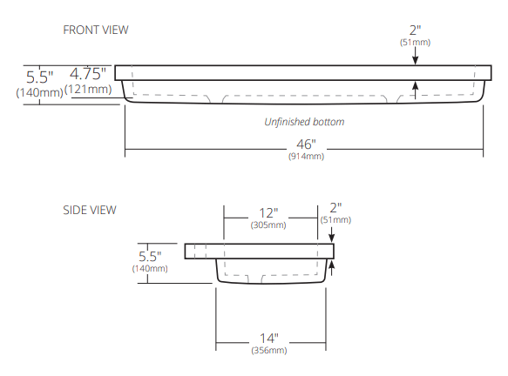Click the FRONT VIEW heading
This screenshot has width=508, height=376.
tap(96, 30)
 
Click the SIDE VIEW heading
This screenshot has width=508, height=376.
tap(89, 210)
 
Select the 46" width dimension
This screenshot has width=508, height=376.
tap(306, 143)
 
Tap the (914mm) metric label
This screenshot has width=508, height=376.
tap(306, 156)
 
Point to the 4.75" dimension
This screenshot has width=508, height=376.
tap(88, 74)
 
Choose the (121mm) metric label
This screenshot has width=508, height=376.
tap(88, 89)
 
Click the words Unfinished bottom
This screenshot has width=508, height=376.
tap(304, 122)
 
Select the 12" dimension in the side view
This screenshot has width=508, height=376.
tap(269, 213)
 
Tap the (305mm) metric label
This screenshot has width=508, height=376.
tap(269, 225)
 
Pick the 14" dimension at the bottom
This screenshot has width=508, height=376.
tap(269, 337)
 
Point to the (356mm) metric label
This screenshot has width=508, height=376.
tap(269, 350)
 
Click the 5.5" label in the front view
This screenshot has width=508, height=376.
tap(40, 77)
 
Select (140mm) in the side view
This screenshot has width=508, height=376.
tap(150, 269)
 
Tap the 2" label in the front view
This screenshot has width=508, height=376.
tap(416, 30)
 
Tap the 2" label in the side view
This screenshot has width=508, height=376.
tap(336, 207)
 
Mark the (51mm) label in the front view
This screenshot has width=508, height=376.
tap(416, 42)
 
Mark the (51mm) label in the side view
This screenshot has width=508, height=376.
tap(336, 220)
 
